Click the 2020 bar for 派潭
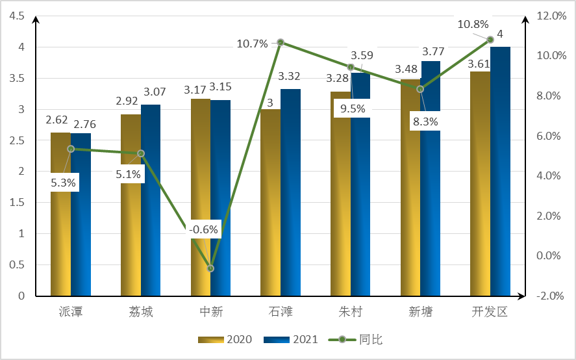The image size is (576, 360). tap(60, 214)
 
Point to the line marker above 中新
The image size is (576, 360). tap(210, 268)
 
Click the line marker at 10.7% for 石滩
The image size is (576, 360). tap(281, 42)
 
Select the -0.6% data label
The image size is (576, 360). tap(204, 229)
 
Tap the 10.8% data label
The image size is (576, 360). tap(473, 24)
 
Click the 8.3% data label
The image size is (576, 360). tap(425, 121)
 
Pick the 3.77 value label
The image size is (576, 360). tap(433, 51)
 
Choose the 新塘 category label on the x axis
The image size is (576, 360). tap(420, 312)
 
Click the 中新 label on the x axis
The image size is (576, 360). tap(210, 312)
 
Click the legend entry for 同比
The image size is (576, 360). tap(362, 340)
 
